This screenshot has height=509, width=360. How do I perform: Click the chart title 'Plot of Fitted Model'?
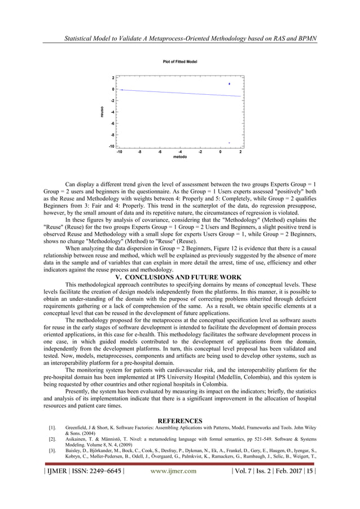(179, 60)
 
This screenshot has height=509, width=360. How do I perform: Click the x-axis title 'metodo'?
(179, 157)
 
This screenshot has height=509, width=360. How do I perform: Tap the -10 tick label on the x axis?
(119, 151)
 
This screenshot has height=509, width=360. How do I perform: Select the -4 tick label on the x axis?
(179, 151)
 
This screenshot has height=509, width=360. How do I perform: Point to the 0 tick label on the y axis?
(113, 89)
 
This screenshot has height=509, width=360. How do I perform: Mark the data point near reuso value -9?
(229, 143)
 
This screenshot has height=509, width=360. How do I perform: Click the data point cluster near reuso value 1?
(229, 84)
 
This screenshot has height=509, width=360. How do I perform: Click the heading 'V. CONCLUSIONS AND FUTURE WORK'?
(179, 277)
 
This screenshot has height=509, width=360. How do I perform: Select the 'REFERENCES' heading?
(179, 421)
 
